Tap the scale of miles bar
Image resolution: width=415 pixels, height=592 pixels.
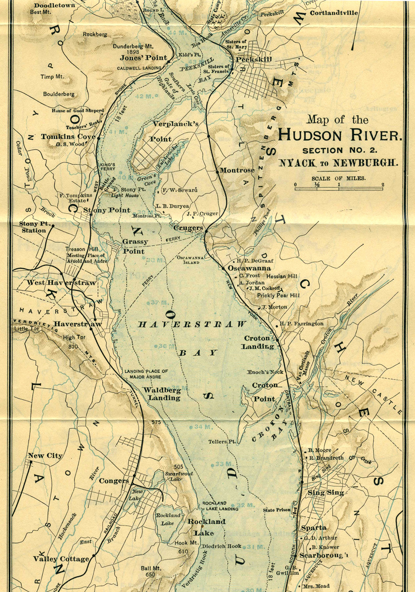(339, 189)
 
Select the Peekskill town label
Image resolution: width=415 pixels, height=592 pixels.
(254, 59)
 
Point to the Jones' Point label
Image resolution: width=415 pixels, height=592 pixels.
(143, 58)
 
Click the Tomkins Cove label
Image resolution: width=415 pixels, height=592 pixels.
(68, 137)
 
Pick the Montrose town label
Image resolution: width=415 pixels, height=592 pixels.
(237, 170)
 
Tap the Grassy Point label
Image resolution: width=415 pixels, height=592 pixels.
(134, 247)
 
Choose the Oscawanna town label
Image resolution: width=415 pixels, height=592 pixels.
(250, 268)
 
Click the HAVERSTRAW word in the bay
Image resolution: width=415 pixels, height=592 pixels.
(192, 325)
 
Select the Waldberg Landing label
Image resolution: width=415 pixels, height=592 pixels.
(161, 394)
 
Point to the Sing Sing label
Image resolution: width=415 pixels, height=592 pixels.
(326, 492)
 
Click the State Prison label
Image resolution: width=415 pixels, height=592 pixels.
(277, 510)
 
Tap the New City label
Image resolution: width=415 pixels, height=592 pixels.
(45, 456)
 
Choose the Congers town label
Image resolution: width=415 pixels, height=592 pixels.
(114, 481)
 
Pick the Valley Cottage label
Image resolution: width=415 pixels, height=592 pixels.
(61, 559)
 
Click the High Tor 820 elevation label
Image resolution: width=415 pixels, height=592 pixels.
(74, 340)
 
